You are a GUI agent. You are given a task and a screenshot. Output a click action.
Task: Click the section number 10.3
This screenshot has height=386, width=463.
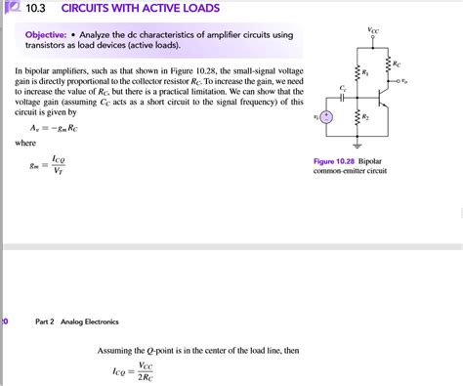[x=36, y=10]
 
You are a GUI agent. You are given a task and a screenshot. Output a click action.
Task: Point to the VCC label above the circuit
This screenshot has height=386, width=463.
[x=374, y=31]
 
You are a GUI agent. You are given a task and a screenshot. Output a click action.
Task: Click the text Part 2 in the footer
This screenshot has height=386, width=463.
[x=46, y=321]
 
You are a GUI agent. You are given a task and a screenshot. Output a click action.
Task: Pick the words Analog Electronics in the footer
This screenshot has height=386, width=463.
[x=90, y=321]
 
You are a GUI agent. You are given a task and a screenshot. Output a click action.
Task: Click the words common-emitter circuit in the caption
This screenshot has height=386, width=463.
[x=350, y=171]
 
